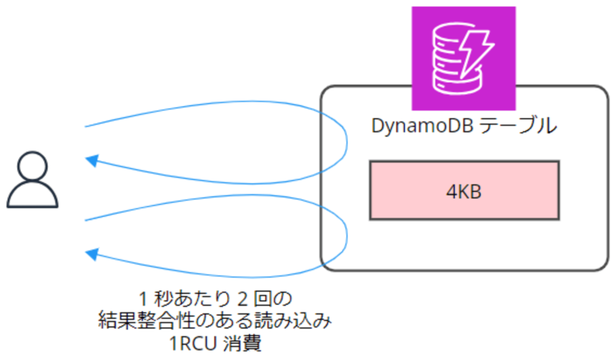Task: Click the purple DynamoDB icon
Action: click(463, 58)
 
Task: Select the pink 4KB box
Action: click(464, 191)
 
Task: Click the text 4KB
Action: click(464, 192)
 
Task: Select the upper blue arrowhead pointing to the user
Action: click(91, 160)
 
